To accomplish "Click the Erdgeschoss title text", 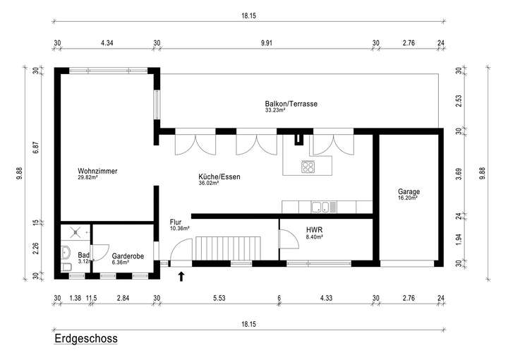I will [85, 340].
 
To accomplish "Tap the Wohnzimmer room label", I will [97, 172].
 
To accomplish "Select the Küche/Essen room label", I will [219, 176].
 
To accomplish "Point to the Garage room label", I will [409, 191].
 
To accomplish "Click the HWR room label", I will [314, 230].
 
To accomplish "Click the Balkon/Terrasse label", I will [291, 104].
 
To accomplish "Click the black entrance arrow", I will [181, 276].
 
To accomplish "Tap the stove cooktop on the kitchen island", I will [309, 167].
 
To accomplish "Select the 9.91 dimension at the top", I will [266, 43].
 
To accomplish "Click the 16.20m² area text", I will [408, 199].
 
